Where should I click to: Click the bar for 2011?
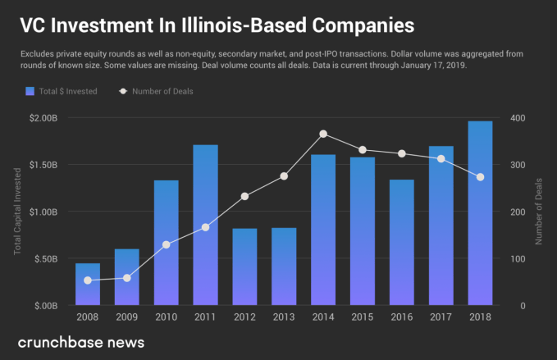206,225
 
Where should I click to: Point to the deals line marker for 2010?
166,244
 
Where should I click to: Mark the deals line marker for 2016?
402,153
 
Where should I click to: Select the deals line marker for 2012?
244,196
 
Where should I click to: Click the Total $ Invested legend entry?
62,91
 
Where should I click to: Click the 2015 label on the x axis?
363,316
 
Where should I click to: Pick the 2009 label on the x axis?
126,316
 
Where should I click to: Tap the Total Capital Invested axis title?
17,212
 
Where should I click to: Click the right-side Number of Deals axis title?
539,212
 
